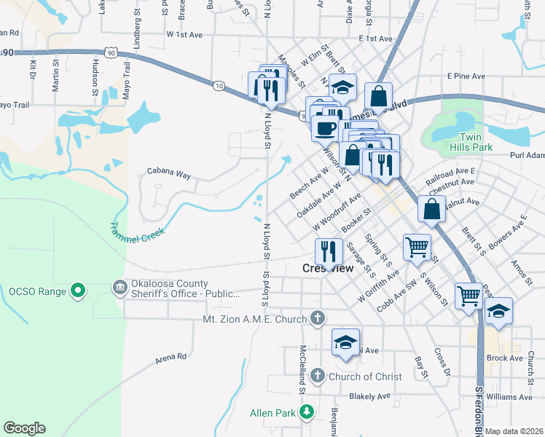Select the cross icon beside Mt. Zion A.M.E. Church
(317, 318)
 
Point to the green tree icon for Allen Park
(307, 413)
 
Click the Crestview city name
(328, 268)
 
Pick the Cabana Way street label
(168, 173)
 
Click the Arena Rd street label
(171, 358)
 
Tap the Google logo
(24, 428)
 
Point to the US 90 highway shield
(110, 52)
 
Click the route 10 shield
(219, 86)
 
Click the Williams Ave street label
(509, 397)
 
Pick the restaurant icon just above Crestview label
(329, 251)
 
